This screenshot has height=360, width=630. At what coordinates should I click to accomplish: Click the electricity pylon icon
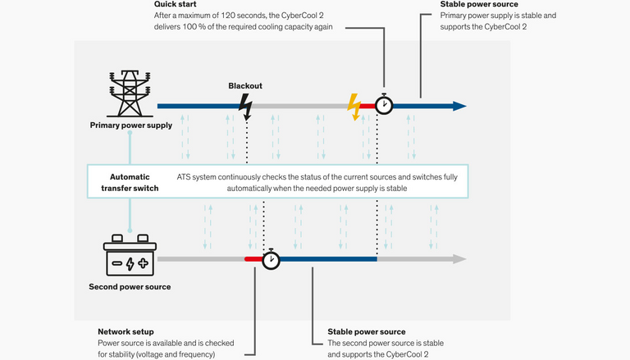tap(130, 93)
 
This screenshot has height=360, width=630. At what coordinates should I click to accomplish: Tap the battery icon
tap(130, 255)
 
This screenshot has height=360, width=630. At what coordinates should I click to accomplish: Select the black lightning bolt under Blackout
tap(246, 107)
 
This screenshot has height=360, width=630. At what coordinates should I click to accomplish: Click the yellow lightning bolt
tap(354, 107)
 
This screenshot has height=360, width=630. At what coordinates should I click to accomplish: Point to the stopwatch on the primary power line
tap(384, 104)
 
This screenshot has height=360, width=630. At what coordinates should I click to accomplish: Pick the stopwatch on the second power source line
tap(272, 259)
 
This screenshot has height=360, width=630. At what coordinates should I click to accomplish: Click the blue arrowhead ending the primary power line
tap(459, 106)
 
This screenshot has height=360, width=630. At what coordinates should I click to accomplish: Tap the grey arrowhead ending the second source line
tap(459, 259)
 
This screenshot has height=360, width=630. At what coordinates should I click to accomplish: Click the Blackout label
tap(245, 86)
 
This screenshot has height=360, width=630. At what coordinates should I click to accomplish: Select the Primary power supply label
tap(131, 125)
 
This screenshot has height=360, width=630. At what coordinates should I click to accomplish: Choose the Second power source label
tap(130, 287)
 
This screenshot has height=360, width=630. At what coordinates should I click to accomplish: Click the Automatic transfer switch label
tap(130, 182)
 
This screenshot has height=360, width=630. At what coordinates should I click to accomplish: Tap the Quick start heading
tap(176, 4)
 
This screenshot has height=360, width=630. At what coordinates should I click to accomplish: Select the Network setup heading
tap(126, 332)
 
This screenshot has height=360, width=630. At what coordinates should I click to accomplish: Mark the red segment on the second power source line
tap(253, 259)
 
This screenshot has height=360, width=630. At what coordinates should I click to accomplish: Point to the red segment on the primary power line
tap(367, 106)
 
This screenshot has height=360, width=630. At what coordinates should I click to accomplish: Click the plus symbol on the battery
tap(143, 263)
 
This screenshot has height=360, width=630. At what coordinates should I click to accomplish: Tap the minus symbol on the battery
tap(117, 263)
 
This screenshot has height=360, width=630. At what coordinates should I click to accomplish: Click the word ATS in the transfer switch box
tap(183, 177)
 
